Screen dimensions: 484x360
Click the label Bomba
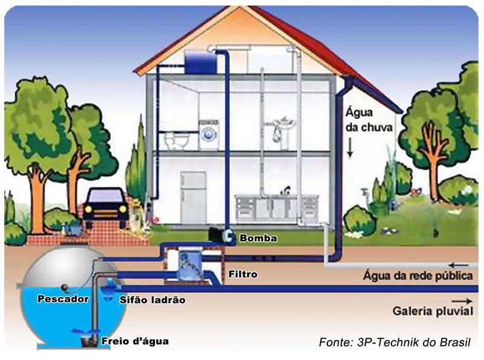(258, 238)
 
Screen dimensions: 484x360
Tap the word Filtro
(243, 274)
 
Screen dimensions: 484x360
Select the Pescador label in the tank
(63, 299)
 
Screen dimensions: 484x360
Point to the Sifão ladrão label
(152, 299)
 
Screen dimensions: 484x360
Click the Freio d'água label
(135, 341)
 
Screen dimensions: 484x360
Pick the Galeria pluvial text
(433, 311)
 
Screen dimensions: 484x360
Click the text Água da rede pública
(418, 275)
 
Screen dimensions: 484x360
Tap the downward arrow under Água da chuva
(350, 148)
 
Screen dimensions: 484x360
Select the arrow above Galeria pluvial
(462, 301)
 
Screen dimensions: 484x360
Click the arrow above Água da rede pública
(459, 265)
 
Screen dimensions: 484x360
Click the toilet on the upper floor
(176, 140)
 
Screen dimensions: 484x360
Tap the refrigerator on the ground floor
(193, 197)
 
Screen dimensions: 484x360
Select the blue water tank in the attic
(200, 62)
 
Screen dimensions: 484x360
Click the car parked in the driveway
(105, 208)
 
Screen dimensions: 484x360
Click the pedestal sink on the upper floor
(284, 129)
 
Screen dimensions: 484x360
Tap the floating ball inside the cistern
(65, 287)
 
